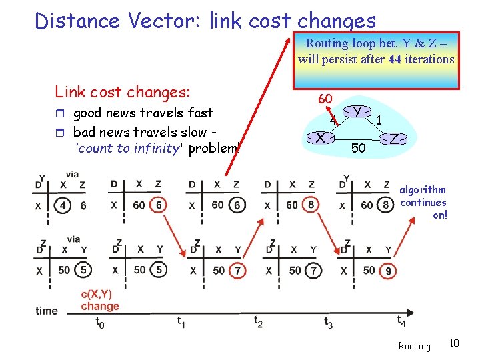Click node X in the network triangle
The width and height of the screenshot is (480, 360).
tap(321, 139)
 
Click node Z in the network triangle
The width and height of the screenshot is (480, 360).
tap(395, 139)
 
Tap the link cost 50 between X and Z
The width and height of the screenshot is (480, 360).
tap(358, 148)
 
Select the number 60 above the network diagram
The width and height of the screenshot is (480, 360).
tap(325, 99)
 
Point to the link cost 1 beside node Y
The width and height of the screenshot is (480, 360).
tap(379, 120)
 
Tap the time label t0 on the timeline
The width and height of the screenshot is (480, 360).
tap(100, 323)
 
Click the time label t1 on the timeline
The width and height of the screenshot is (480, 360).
tap(181, 321)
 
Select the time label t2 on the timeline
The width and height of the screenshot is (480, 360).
tap(258, 321)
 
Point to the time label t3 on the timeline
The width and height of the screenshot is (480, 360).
tap(328, 323)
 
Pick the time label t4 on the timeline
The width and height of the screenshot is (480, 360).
tap(401, 321)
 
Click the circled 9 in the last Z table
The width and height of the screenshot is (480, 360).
tap(388, 271)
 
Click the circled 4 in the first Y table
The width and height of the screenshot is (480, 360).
tap(63, 205)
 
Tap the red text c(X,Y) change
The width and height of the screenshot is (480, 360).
tap(100, 300)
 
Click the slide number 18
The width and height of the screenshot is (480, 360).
tap(454, 343)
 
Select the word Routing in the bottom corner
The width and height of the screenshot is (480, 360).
tap(414, 346)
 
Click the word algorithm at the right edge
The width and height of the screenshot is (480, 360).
tap(423, 190)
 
